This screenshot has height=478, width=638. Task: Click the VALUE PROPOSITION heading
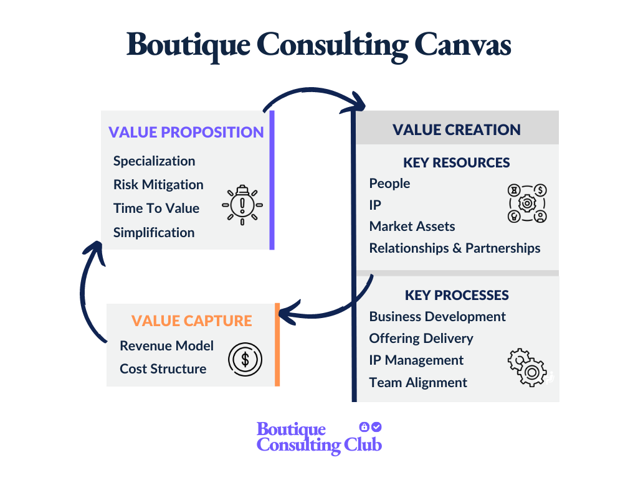[186, 132]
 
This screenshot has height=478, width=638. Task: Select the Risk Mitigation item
[158, 185]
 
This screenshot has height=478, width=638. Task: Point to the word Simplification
[154, 233]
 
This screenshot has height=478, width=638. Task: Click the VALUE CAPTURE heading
[191, 321]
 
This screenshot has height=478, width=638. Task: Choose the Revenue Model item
[166, 346]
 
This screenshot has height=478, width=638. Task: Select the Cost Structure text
[163, 369]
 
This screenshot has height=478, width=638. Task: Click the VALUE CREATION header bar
[456, 129]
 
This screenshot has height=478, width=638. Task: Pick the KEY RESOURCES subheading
[456, 163]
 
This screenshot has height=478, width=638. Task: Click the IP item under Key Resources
[375, 205]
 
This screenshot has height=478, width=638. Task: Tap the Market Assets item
[412, 227]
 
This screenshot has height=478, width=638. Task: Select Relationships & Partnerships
[454, 248]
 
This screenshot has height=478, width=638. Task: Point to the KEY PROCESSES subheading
[456, 295]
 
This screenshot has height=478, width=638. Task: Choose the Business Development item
[437, 317]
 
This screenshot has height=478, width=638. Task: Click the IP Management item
[416, 360]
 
